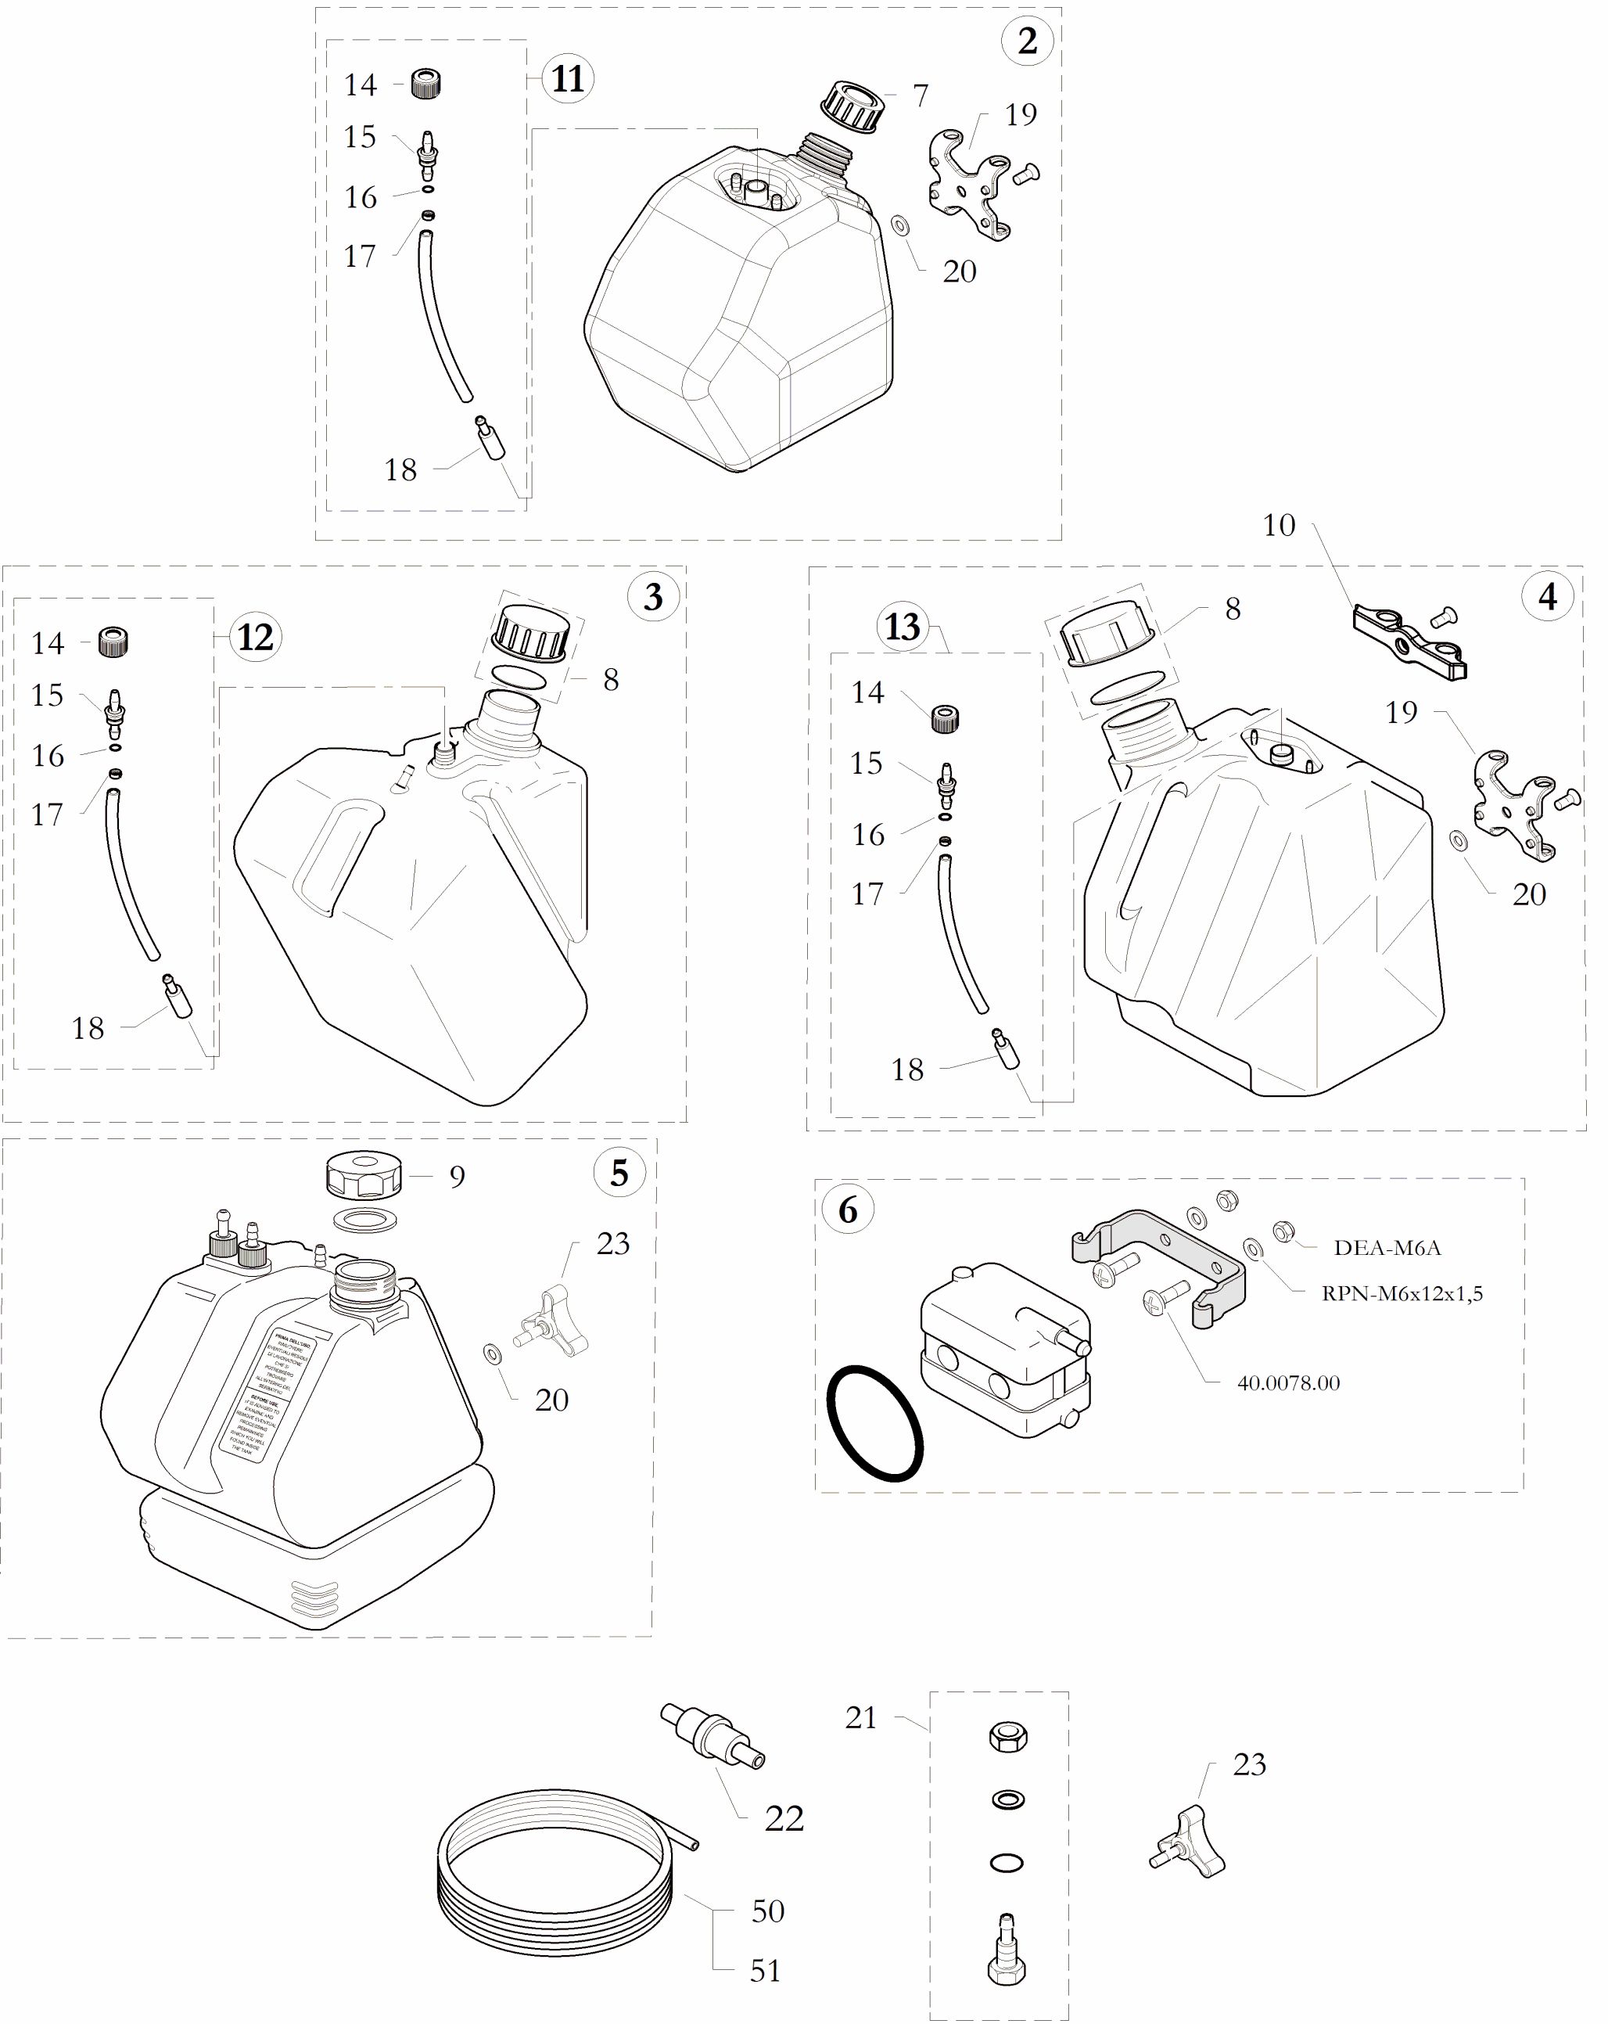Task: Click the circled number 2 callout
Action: (x=1027, y=41)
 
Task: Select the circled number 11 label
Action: (x=568, y=78)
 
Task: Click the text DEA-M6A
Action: (x=1387, y=1248)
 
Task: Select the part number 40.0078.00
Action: (x=1288, y=1382)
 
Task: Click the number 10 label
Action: (x=1279, y=525)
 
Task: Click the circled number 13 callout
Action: (x=902, y=626)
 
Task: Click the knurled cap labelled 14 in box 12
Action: (x=113, y=642)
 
